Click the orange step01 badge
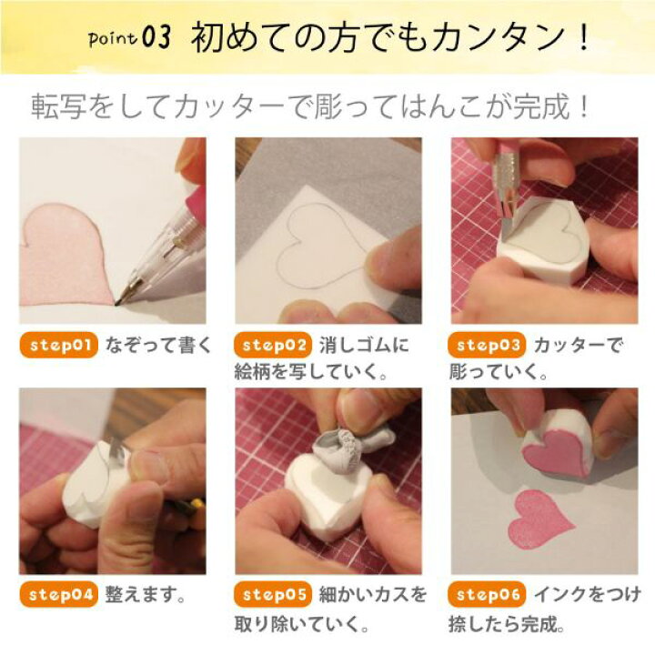coord(58,346)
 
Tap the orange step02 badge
coord(274,346)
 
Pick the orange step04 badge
coord(58,596)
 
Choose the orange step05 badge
coord(274,596)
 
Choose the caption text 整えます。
coord(146,596)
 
